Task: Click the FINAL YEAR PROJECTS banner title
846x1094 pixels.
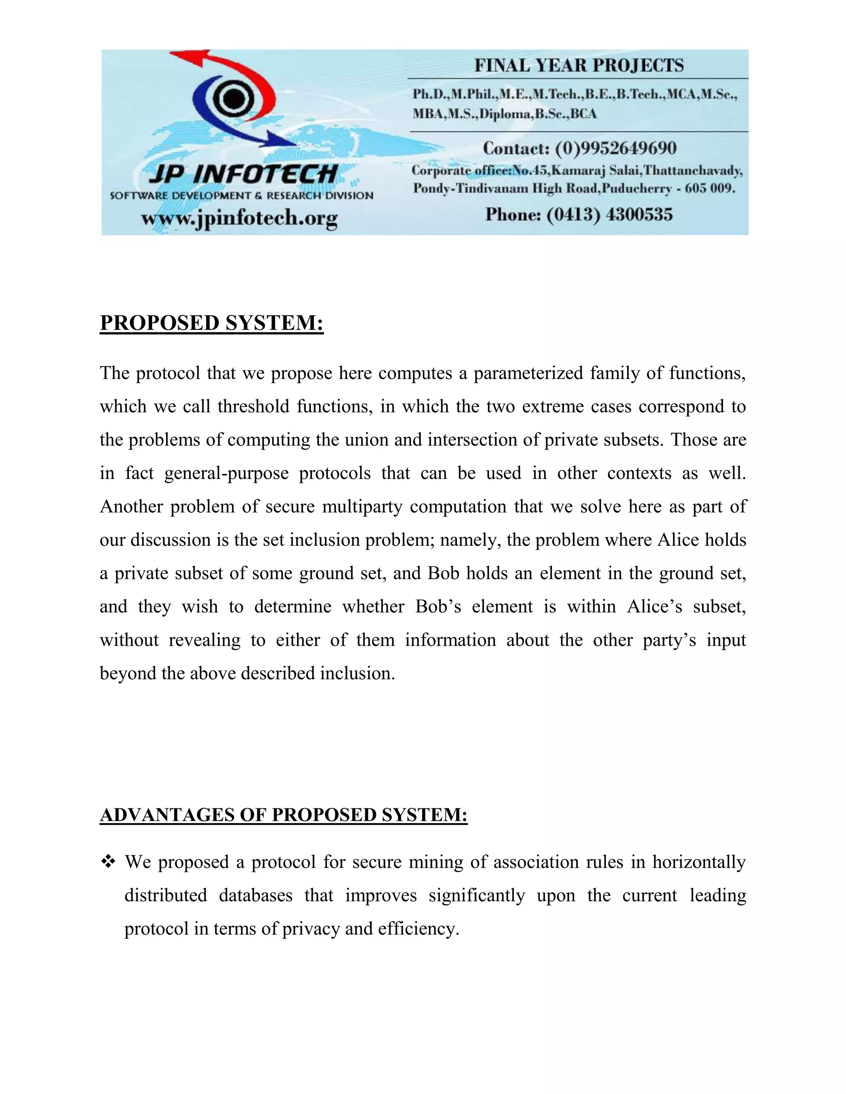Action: pos(579,66)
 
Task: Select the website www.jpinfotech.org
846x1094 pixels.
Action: pos(239,219)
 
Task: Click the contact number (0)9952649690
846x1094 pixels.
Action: pos(615,148)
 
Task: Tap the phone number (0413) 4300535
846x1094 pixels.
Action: pos(609,215)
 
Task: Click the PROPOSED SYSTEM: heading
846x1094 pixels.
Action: pos(211,323)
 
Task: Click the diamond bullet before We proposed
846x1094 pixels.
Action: pos(108,862)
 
